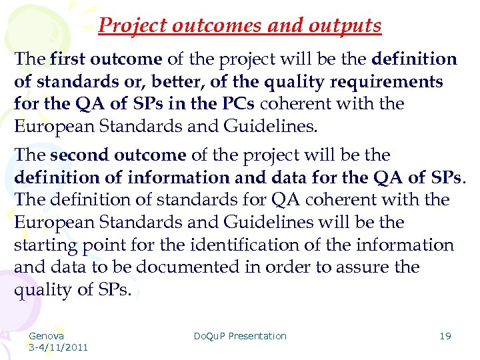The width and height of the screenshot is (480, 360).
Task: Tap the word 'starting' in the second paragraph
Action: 45,245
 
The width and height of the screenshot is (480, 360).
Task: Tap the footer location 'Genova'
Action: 47,336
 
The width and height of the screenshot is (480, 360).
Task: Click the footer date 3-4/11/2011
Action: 58,347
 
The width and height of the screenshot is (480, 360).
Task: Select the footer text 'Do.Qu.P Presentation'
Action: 240,336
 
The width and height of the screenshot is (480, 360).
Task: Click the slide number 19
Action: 445,336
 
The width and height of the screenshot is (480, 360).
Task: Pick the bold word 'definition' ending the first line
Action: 415,59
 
